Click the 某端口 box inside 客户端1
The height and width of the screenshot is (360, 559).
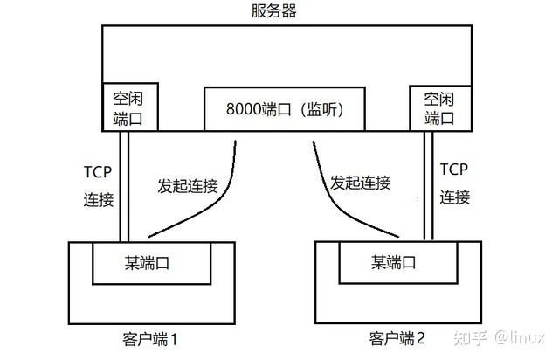[151, 262]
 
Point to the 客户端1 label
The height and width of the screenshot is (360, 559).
[150, 337]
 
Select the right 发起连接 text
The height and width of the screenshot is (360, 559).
[360, 183]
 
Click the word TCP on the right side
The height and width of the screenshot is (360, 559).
[455, 170]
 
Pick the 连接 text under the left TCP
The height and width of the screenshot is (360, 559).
[99, 199]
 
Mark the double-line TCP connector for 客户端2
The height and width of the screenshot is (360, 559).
[428, 183]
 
